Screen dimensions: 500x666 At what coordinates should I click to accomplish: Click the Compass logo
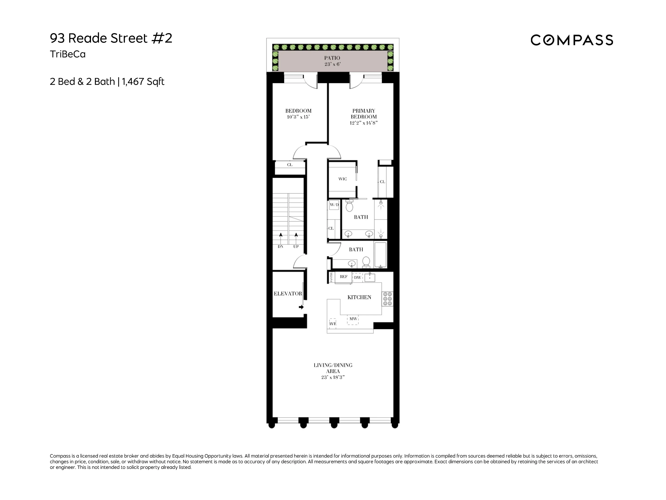pyautogui.click(x=571, y=40)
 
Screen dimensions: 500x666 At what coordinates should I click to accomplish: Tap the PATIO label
pyautogui.click(x=332, y=58)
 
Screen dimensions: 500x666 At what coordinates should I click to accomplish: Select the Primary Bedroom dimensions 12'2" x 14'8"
pyautogui.click(x=363, y=123)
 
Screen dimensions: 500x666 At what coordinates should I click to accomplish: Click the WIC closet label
pyautogui.click(x=342, y=179)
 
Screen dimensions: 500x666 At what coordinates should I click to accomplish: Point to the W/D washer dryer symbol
pyautogui.click(x=334, y=205)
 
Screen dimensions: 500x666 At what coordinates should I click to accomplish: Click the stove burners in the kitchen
pyautogui.click(x=387, y=299)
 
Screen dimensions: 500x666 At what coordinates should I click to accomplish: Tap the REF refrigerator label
pyautogui.click(x=343, y=277)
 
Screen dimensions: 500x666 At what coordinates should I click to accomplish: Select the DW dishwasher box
pyautogui.click(x=357, y=278)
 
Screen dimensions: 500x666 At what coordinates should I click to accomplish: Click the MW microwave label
pyautogui.click(x=353, y=319)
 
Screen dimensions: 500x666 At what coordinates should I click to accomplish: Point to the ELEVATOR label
pyautogui.click(x=287, y=294)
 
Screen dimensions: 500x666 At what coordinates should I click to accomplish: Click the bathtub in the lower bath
pyautogui.click(x=381, y=255)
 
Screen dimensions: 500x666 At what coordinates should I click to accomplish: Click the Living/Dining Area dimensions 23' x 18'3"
pyautogui.click(x=333, y=377)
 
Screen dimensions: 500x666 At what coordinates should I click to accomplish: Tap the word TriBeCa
pyautogui.click(x=68, y=54)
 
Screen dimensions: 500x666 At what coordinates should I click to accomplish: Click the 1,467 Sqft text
pyautogui.click(x=143, y=82)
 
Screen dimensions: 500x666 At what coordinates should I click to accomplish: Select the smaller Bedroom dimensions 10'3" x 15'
pyautogui.click(x=298, y=117)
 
